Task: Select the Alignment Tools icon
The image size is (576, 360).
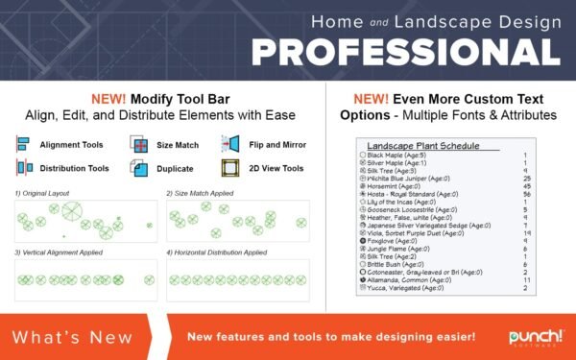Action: pos(22,144)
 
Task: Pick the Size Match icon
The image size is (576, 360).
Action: pos(138,144)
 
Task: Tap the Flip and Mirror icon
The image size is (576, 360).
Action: pos(229,144)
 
